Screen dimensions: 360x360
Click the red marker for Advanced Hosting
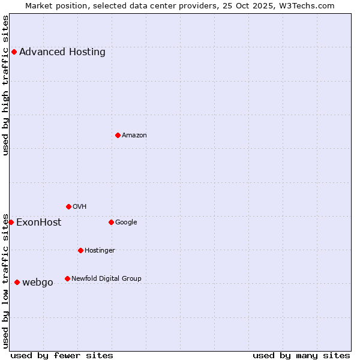(14, 52)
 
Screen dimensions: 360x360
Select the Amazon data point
(118, 135)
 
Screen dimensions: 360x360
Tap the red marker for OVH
(68, 206)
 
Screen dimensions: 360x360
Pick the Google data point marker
(111, 222)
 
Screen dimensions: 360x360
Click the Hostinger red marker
(80, 250)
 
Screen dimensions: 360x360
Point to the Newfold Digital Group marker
(67, 278)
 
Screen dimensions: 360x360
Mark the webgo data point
(17, 282)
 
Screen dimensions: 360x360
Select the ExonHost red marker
(11, 222)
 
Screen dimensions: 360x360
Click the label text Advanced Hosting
(62, 52)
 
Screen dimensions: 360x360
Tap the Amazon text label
(134, 135)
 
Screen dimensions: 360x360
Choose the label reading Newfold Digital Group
(106, 278)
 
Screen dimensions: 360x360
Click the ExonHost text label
(38, 222)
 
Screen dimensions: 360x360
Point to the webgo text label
(38, 282)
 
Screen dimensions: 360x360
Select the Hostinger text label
(100, 250)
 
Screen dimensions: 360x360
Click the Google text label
(126, 222)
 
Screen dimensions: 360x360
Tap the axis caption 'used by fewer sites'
(62, 355)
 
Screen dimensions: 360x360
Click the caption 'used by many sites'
(301, 355)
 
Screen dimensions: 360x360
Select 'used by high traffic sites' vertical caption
(5, 85)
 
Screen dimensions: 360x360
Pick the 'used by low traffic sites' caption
(5, 280)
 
